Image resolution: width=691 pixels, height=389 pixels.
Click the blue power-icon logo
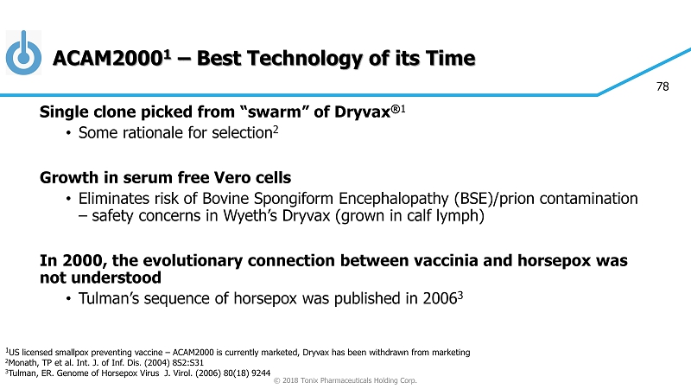tap(24, 53)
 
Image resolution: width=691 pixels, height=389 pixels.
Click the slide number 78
tap(662, 86)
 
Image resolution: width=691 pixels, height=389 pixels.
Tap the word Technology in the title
tap(308, 59)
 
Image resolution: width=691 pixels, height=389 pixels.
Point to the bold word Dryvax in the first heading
tap(363, 112)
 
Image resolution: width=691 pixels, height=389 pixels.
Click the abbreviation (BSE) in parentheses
tap(473, 199)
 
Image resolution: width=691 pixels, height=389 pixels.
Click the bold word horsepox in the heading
tap(554, 261)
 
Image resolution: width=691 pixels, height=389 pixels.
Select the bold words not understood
tap(100, 277)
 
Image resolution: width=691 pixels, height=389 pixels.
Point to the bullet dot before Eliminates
tap(68, 200)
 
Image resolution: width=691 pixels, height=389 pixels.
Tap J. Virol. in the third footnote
tap(179, 373)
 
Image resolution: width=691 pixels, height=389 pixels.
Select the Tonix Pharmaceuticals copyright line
tap(345, 380)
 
